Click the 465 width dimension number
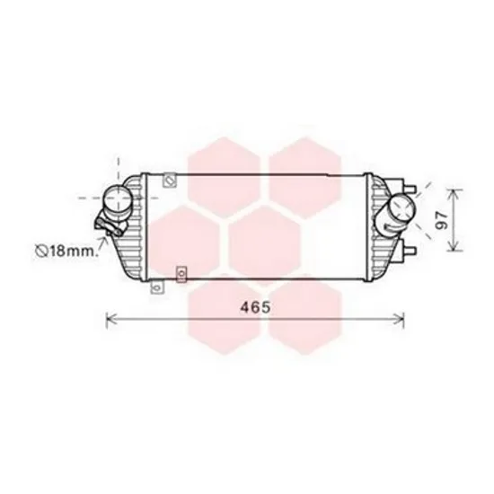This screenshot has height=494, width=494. [x=255, y=307]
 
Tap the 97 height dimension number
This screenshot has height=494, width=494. [x=442, y=220]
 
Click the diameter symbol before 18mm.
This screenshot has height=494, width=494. [x=41, y=251]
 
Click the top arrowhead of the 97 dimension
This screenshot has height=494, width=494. [x=454, y=193]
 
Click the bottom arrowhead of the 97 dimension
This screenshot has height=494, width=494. [x=454, y=247]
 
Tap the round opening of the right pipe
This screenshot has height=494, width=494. [x=402, y=207]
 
